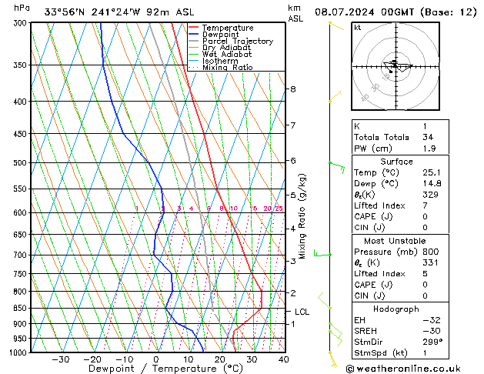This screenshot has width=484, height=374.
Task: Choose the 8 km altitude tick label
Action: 292,89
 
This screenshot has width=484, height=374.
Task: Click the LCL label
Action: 302,312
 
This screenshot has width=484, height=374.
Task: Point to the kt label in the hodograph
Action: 358,27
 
